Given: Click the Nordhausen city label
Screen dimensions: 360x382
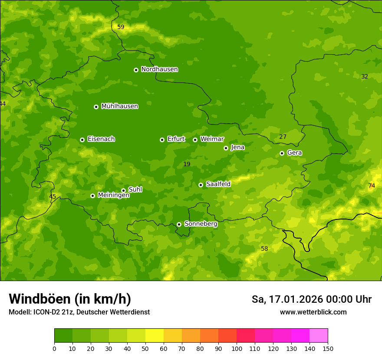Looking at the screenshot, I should [159, 69].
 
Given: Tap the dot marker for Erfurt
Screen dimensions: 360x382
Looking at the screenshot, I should [162, 140].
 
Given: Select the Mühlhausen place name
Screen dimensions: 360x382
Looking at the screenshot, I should [119, 106].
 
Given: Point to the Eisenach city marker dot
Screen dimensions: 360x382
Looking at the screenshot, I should [82, 140].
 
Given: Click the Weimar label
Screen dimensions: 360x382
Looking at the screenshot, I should [212, 139].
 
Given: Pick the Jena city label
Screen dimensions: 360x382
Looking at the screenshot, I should [237, 147].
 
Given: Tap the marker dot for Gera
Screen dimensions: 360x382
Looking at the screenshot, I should [282, 153].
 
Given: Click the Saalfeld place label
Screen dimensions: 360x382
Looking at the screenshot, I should [218, 184].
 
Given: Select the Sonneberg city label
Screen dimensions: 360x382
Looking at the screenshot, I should [201, 224].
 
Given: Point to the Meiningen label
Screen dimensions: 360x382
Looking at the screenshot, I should [113, 196].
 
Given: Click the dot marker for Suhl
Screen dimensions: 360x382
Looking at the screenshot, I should [123, 190].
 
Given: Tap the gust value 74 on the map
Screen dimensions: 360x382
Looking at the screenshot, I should [372, 186].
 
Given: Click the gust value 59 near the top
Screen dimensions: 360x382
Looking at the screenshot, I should [121, 27].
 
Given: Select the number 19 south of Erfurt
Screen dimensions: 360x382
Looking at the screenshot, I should [187, 164].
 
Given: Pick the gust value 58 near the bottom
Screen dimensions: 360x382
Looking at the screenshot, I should [264, 249].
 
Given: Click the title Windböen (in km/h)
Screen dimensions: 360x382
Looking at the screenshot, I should [69, 299].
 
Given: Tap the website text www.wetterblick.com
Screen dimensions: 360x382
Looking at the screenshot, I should [313, 312].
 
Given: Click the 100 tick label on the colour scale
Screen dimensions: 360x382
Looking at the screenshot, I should [237, 348].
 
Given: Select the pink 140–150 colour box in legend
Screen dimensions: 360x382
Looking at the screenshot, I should [319, 336].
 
